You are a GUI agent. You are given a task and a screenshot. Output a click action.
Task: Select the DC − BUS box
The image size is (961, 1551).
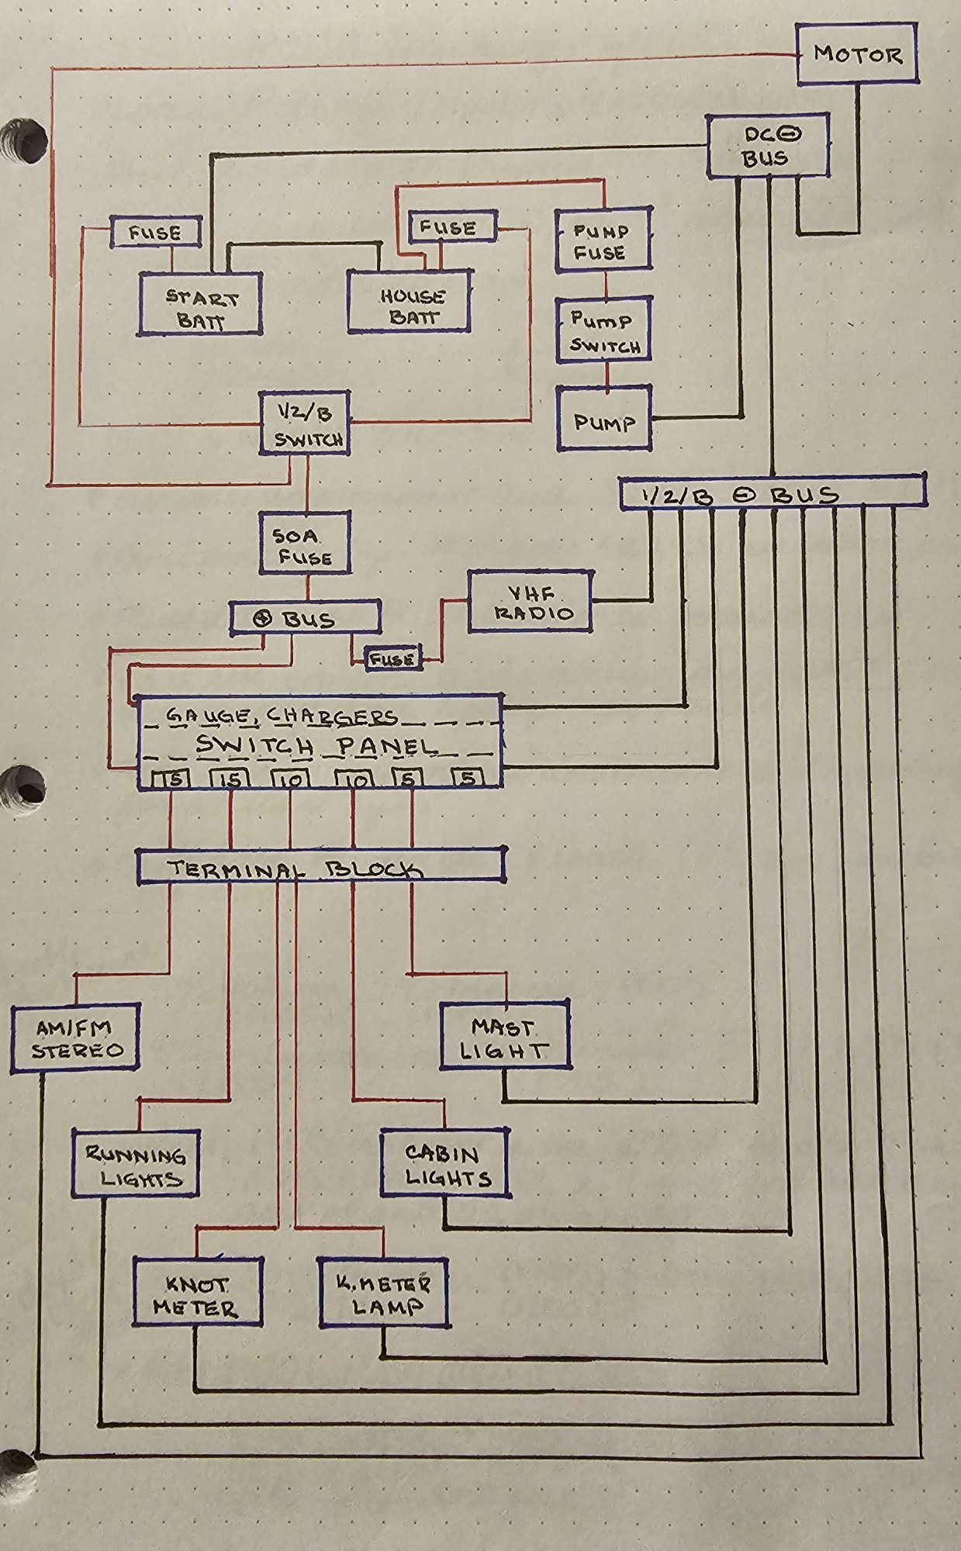767,145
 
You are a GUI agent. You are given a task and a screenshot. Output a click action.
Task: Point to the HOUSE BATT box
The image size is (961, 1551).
410,301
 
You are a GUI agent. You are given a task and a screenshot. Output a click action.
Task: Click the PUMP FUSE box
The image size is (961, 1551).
603,240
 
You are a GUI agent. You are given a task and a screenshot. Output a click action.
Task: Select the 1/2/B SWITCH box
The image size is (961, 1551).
304,422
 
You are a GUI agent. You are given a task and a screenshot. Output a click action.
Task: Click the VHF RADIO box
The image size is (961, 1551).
530,601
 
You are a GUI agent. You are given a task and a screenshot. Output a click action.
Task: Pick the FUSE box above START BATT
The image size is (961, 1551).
155,232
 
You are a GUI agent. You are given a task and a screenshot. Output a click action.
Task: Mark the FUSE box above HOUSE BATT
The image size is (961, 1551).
448,227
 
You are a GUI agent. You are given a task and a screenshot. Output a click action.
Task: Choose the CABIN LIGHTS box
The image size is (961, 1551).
445,1162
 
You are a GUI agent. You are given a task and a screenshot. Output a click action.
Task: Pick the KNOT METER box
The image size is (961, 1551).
197,1292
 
